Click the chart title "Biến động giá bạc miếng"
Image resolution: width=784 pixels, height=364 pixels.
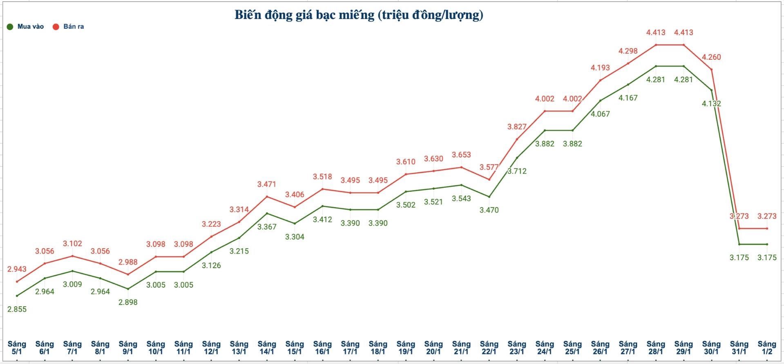359,15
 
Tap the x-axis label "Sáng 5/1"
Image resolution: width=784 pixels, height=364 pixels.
17,348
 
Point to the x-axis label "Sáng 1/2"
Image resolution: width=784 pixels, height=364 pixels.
767,348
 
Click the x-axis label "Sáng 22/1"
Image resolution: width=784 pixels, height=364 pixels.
489,348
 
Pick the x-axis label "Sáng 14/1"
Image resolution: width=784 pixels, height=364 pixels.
267,348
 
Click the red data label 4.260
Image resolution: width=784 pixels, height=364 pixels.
711,57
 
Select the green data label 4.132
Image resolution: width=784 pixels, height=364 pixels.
711,104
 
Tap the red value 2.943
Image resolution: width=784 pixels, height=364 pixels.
17,269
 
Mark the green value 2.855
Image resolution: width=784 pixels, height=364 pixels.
17,309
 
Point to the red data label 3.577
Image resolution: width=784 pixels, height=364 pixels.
489,167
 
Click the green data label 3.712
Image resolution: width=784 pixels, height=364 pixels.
517,171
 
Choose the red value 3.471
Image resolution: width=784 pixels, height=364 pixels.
267,184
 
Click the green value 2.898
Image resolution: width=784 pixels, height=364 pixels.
128,302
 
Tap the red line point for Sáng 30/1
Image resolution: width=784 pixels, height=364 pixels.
712,69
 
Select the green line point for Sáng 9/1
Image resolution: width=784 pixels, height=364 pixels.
128,289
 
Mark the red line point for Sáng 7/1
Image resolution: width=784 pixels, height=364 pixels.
72,256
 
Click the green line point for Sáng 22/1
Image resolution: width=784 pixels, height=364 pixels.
489,197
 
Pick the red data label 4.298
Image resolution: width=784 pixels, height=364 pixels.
628,51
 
